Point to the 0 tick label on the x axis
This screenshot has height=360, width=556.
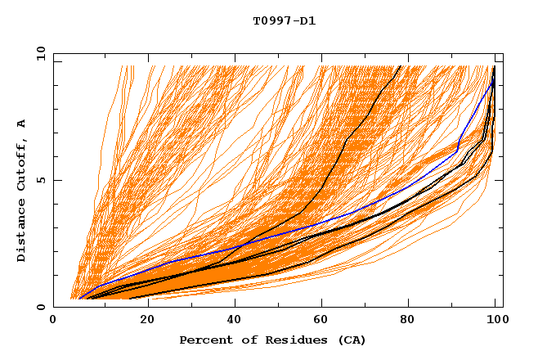coord(54,322)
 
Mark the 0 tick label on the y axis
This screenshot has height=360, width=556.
coord(41,308)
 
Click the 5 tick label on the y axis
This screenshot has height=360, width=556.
coord(41,180)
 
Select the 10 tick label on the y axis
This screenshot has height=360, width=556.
coord(38,53)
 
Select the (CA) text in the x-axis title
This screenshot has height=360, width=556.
coord(349,340)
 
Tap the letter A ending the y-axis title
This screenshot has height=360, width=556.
coord(22,124)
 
